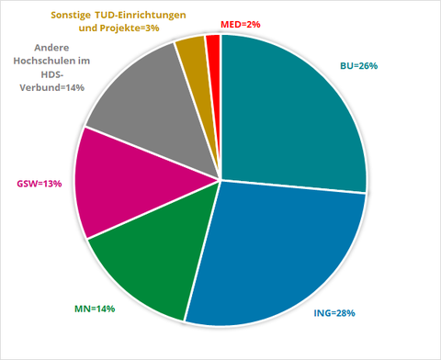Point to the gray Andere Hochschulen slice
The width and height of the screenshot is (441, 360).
153,113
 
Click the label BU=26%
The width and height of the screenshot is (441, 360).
359,66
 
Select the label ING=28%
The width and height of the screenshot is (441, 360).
334,313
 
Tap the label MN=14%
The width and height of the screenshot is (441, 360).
95,309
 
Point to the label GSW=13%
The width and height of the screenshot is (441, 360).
40,184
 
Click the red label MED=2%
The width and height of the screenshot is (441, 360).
241,25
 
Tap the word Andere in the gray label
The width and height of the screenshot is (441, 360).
51,48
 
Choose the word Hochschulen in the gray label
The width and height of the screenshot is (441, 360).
48,61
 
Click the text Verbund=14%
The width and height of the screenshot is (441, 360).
52,87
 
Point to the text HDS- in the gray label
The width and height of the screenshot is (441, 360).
52,74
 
